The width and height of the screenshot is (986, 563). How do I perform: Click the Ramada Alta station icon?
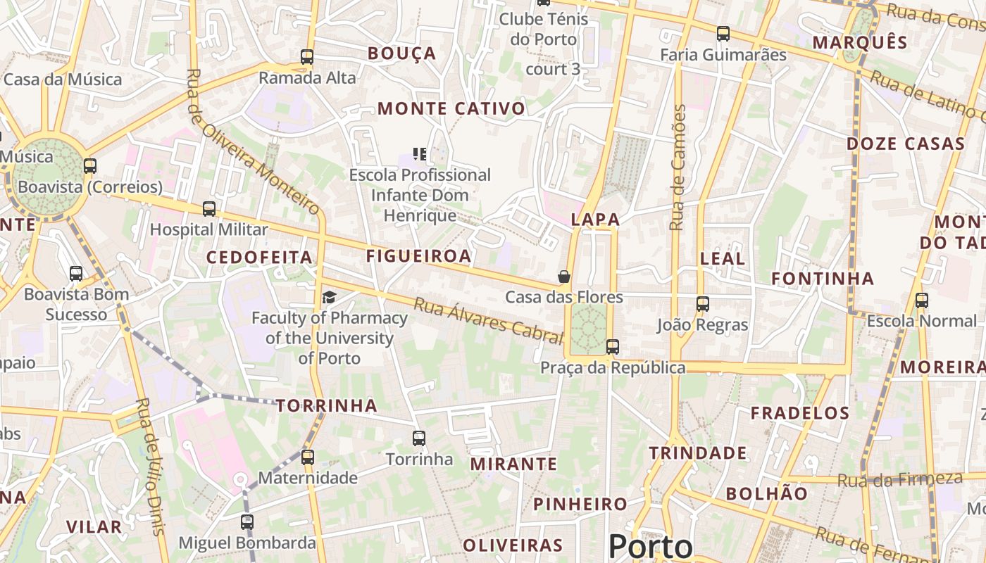307,57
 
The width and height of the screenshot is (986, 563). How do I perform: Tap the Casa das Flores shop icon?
564,277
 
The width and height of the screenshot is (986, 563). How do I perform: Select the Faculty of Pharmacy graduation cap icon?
329,298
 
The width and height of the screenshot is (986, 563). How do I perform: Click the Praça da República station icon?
613,346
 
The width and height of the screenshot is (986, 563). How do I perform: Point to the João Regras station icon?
703,304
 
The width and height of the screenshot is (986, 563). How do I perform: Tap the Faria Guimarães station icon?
723,33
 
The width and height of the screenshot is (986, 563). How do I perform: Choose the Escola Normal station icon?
922,301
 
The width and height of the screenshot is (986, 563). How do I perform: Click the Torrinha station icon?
419,438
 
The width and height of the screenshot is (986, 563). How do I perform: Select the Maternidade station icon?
308,457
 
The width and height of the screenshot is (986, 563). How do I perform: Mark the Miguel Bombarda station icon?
246,522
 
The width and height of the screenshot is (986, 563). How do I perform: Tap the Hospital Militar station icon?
209,209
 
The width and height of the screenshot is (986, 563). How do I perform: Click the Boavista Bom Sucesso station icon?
76,274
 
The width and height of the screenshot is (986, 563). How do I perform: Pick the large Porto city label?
650,546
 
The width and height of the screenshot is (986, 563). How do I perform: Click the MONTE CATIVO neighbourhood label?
451,108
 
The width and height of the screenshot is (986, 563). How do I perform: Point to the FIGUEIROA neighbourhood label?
418,256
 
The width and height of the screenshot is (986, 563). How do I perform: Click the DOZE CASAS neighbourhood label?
905,144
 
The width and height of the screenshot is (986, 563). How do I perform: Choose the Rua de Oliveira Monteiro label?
254,141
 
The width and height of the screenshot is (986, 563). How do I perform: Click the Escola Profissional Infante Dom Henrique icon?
420,153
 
